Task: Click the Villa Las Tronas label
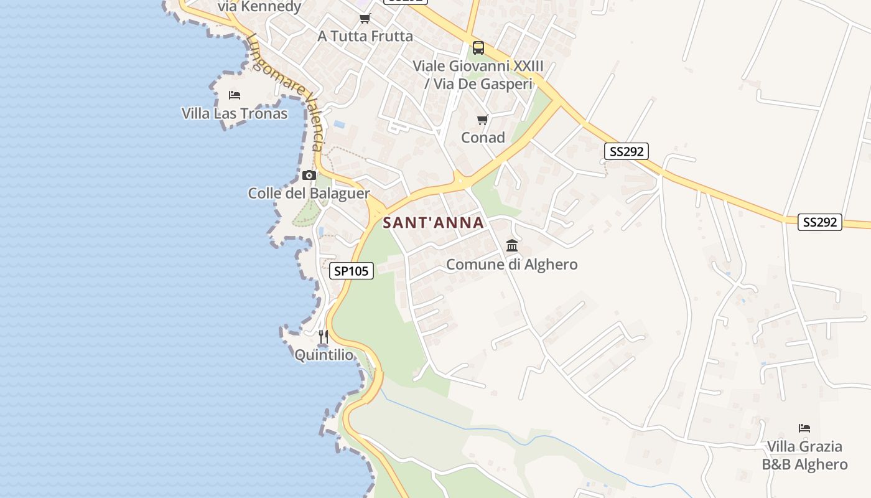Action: pos(235,113)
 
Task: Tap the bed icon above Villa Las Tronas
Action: pos(235,95)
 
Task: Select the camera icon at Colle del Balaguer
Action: pos(309,175)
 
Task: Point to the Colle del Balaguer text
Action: pos(309,193)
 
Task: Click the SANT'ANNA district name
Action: pos(433,222)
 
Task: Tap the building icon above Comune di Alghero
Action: pos(512,245)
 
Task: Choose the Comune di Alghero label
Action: pos(512,265)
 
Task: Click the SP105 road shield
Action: pos(352,271)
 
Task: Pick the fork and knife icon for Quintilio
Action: pos(324,337)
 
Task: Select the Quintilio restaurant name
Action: pos(324,355)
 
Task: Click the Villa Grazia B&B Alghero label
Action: pos(804,456)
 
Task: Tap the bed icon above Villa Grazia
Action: pos(804,428)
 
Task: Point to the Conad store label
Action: pos(483,138)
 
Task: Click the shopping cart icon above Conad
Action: pos(483,120)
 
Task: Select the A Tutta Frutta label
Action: pos(365,36)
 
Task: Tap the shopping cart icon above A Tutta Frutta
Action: pos(365,18)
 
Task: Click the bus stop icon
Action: pos(478,47)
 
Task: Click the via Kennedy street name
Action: pos(259,7)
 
